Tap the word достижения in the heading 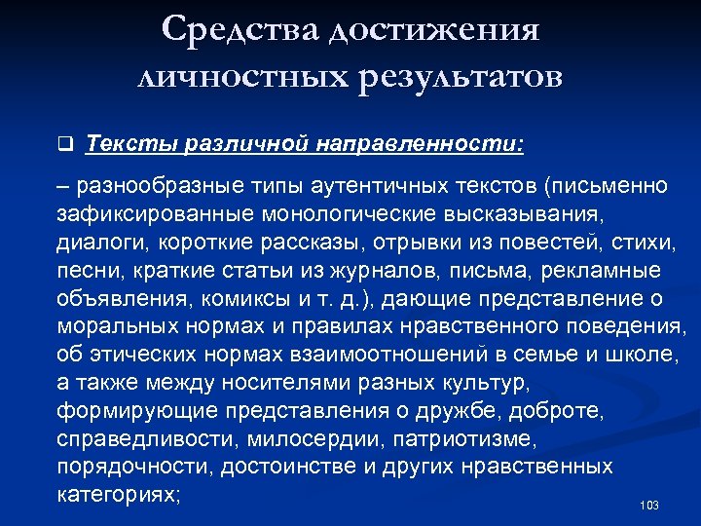434,30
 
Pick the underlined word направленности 420,145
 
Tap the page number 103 650,506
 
